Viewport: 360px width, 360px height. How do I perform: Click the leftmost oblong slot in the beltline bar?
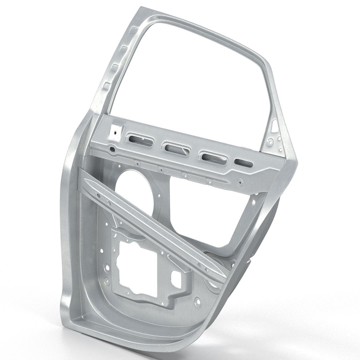[x=138, y=139]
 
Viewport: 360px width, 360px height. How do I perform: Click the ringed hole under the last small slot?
[x=240, y=182]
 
